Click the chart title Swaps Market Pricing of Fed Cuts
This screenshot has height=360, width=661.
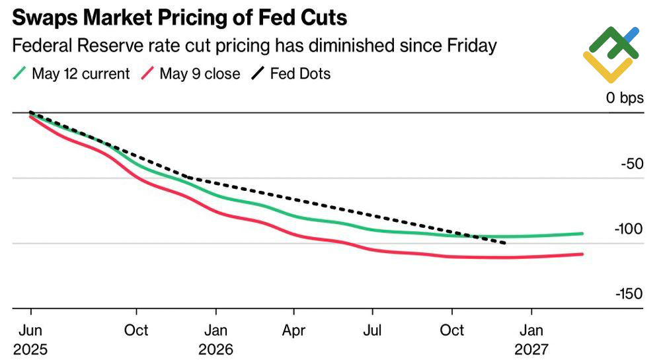pyautogui.click(x=179, y=16)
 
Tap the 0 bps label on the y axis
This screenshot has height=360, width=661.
pyautogui.click(x=624, y=98)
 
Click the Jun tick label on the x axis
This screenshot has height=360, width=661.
pyautogui.click(x=30, y=330)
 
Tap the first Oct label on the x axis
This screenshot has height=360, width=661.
pyautogui.click(x=136, y=330)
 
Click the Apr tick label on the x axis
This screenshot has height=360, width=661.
pyautogui.click(x=293, y=330)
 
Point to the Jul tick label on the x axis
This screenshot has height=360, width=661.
pyautogui.click(x=373, y=330)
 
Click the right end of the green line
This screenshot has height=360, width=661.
pyautogui.click(x=582, y=233)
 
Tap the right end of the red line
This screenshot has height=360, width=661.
pyautogui.click(x=582, y=254)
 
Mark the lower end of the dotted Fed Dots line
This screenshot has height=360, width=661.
pyautogui.click(x=506, y=243)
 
